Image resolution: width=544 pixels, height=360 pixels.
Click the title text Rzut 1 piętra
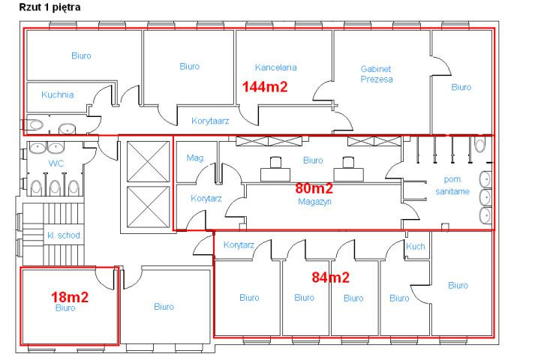coord(50,7)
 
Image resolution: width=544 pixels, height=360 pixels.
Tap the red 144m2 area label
coord(265,86)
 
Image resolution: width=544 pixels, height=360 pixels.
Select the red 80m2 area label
coord(314,188)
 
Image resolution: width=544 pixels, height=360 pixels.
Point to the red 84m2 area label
coord(330,277)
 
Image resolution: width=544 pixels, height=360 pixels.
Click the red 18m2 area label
coord(70,297)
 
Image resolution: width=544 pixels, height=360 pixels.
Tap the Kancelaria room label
coord(276,67)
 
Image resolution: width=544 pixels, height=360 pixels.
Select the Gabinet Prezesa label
coord(377,73)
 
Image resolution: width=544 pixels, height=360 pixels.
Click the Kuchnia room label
coord(58,94)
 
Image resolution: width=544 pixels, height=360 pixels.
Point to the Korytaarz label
coord(210,121)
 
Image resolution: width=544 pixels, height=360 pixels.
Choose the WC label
coord(56,163)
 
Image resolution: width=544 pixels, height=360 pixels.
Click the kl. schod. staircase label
coord(65,235)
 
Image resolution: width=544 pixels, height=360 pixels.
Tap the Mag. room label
coord(196,158)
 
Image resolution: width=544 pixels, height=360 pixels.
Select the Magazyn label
coord(314,202)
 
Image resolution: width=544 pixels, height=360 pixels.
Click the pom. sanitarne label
coord(452,185)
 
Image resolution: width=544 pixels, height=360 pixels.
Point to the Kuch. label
coord(416,246)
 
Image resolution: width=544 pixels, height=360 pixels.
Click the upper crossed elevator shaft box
coord(148,161)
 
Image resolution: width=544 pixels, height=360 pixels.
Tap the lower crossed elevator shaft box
coord(148,208)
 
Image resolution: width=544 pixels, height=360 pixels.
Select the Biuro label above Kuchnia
coord(81,55)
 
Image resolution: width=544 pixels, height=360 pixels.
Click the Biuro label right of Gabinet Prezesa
coord(461,87)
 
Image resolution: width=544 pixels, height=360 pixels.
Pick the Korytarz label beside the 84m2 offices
coord(239,244)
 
